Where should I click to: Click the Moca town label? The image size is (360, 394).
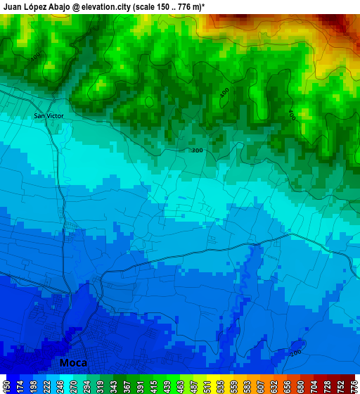73,363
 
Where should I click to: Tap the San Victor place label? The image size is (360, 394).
49,115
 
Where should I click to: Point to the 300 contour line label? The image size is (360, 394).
197,151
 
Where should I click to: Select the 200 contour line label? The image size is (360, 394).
295,352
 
